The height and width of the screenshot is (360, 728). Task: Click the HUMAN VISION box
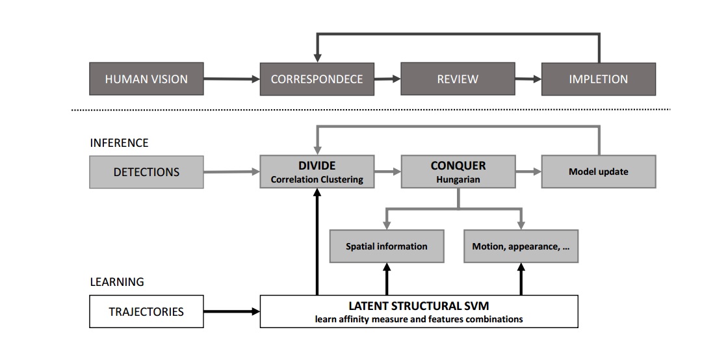click(146, 79)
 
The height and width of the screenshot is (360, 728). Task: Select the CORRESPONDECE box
click(317, 79)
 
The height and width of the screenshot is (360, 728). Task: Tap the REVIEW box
click(458, 79)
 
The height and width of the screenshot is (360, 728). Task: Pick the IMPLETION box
click(598, 79)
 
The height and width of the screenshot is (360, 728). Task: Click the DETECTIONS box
click(146, 172)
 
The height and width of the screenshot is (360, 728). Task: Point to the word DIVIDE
click(317, 166)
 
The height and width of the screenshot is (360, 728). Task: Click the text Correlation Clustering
click(317, 179)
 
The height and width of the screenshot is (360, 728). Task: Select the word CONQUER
click(458, 166)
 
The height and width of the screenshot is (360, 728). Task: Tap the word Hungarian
click(458, 179)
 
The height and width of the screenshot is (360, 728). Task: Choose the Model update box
click(598, 172)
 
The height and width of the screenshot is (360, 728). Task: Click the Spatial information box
click(387, 246)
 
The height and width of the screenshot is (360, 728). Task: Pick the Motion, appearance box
click(521, 246)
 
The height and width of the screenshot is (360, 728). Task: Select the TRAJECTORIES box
click(146, 311)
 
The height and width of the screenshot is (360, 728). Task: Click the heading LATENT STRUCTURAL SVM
click(419, 305)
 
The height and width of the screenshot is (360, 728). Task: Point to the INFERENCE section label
click(119, 142)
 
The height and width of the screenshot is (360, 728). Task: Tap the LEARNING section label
click(117, 282)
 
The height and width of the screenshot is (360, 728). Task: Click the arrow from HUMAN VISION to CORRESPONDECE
click(231, 79)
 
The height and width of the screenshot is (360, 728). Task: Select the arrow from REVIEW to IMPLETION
click(528, 79)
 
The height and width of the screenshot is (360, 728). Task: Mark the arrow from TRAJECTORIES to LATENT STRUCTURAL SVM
click(231, 312)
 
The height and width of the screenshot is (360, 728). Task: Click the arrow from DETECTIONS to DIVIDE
click(231, 172)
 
